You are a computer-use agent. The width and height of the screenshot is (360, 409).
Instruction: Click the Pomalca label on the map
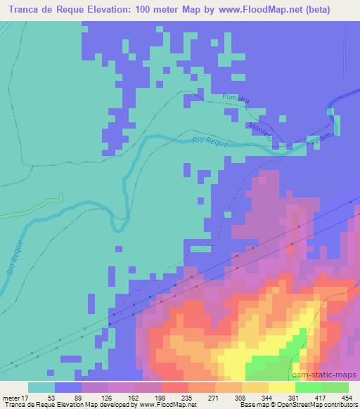pyautogui.click(x=236, y=97)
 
